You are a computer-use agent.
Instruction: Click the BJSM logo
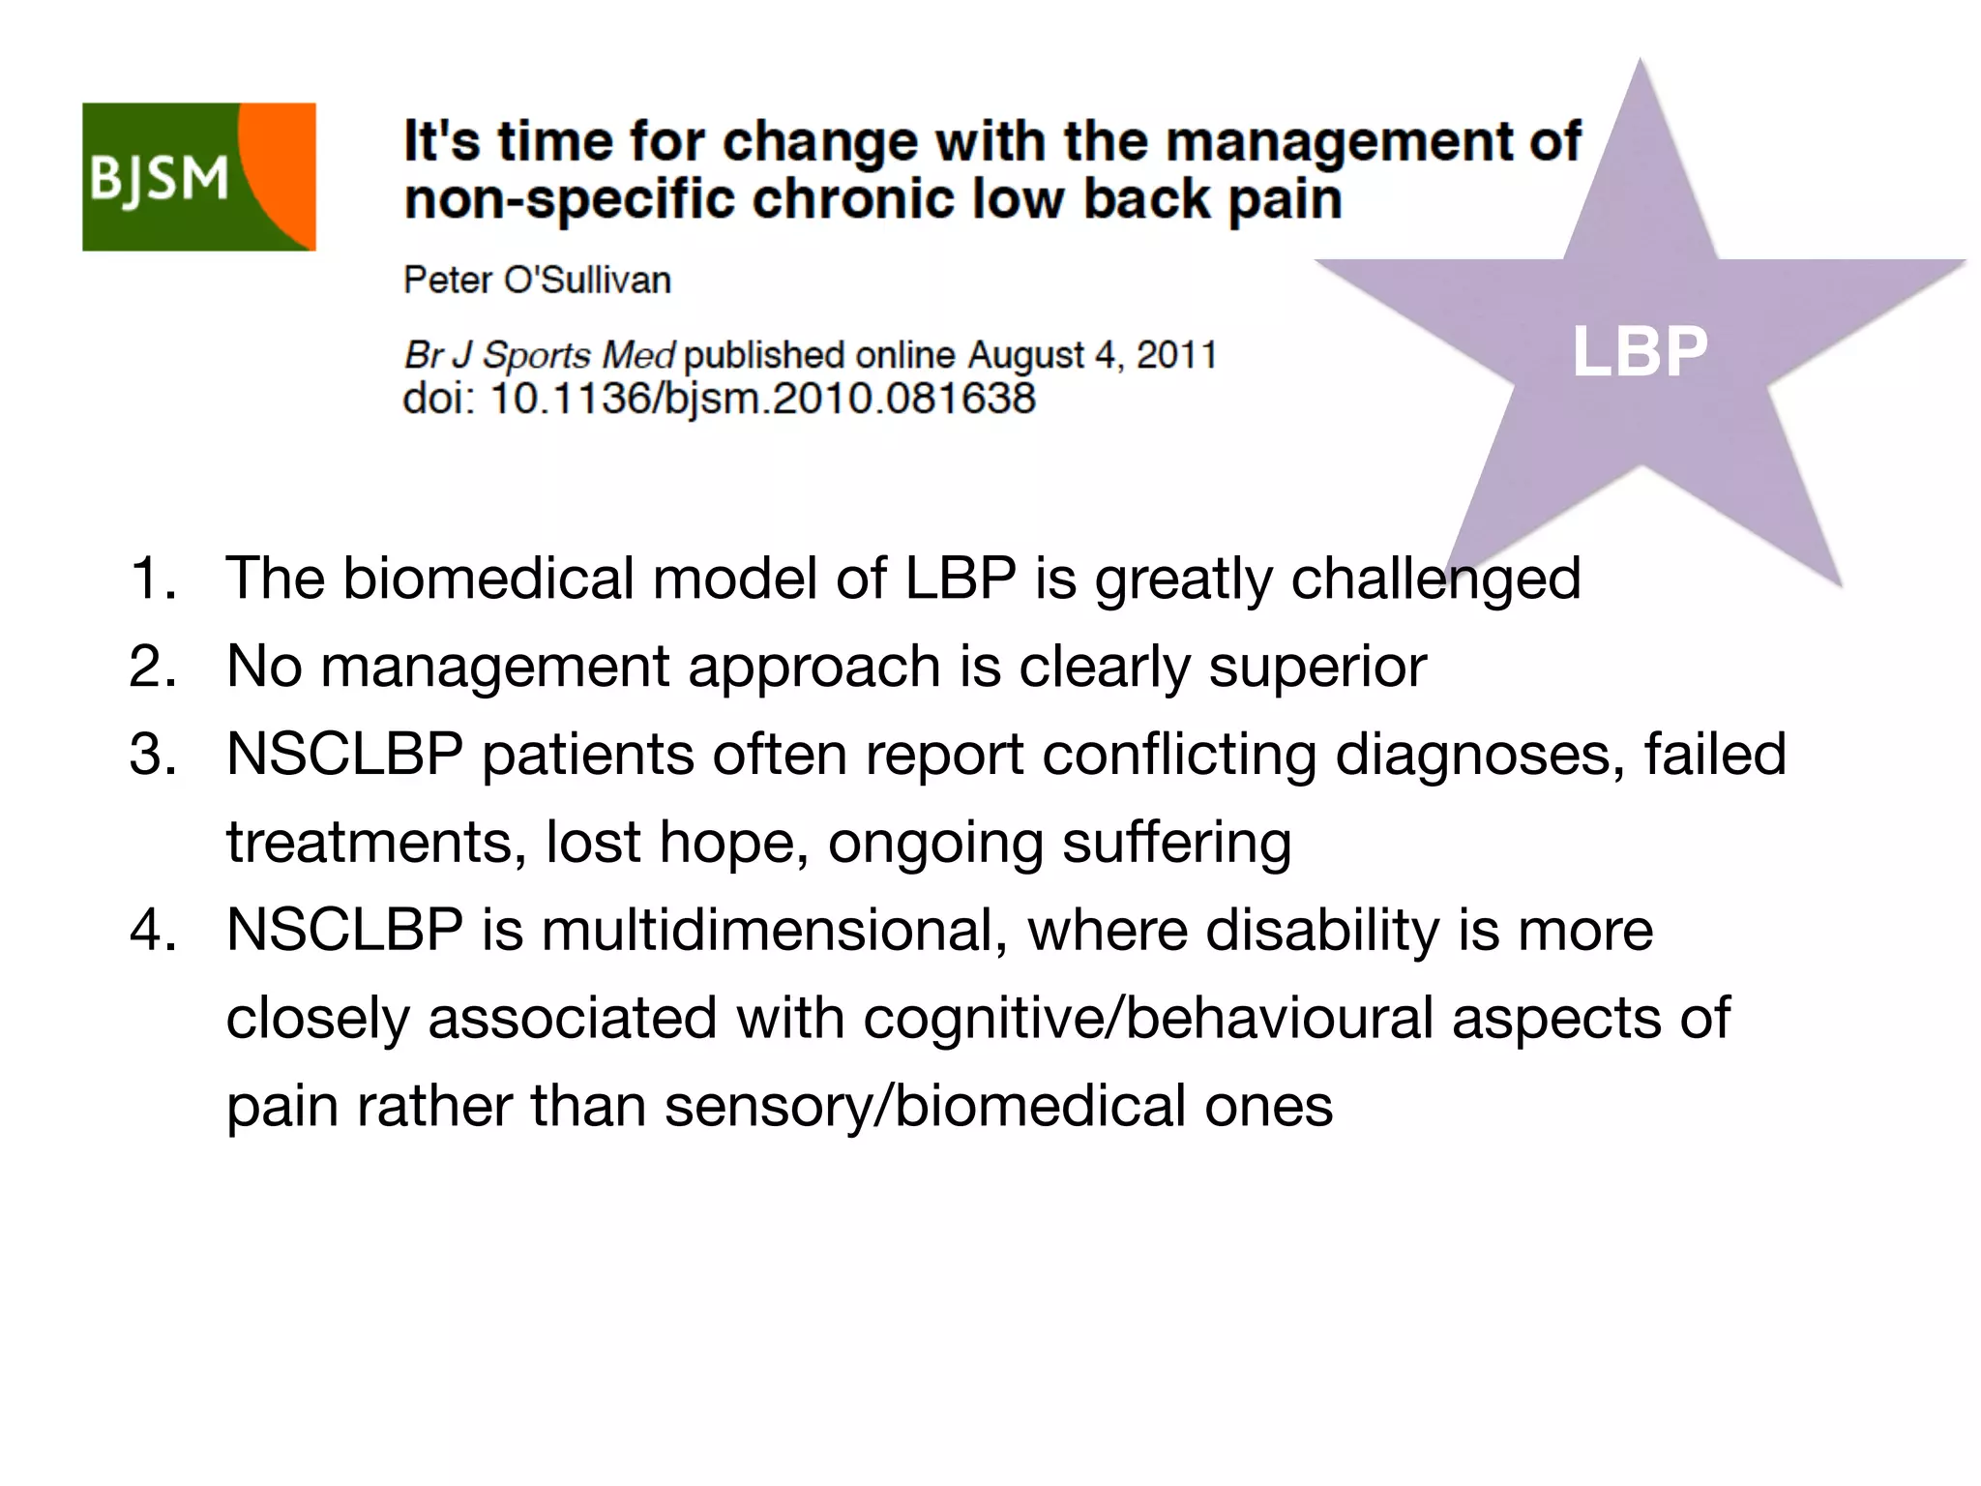(x=198, y=177)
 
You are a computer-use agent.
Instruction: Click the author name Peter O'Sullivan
(x=537, y=280)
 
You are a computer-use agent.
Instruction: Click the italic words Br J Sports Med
(x=539, y=355)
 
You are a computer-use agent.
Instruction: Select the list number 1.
(x=152, y=578)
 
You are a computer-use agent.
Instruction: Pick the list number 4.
(x=152, y=930)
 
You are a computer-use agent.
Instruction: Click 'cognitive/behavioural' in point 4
(x=1148, y=1018)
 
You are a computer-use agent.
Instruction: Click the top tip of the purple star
(x=1640, y=64)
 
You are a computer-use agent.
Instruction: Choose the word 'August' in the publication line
(x=1026, y=355)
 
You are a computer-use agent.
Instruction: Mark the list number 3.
(x=152, y=754)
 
